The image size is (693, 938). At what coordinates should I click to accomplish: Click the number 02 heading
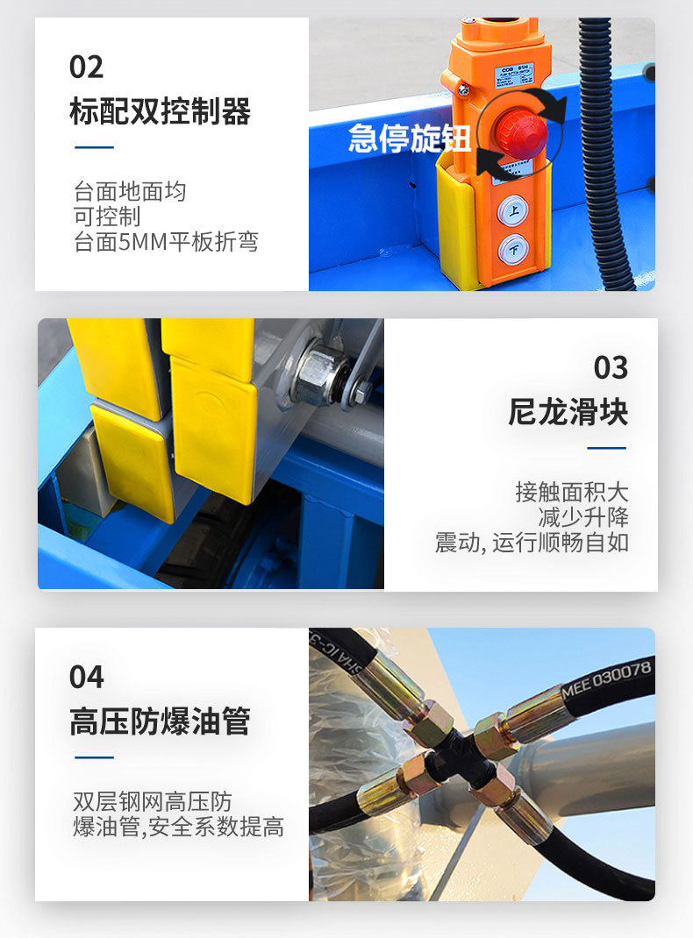pyautogui.click(x=86, y=67)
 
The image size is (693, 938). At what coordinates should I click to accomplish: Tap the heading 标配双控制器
pyautogui.click(x=160, y=111)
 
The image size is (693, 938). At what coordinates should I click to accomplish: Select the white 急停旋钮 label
pyautogui.click(x=410, y=139)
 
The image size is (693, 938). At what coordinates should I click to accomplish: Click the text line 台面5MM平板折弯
pyautogui.click(x=166, y=242)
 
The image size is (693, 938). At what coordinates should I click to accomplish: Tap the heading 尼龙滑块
pyautogui.click(x=568, y=412)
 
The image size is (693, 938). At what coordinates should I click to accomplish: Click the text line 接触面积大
pyautogui.click(x=571, y=492)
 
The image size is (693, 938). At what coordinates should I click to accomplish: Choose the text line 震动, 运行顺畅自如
pyautogui.click(x=532, y=542)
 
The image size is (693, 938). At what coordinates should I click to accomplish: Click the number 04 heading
pyautogui.click(x=86, y=677)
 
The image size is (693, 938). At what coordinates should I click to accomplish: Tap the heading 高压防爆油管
pyautogui.click(x=160, y=721)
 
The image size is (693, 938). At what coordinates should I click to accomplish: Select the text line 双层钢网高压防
pyautogui.click(x=153, y=801)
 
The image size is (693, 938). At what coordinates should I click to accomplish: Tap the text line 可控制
pyautogui.click(x=107, y=217)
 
